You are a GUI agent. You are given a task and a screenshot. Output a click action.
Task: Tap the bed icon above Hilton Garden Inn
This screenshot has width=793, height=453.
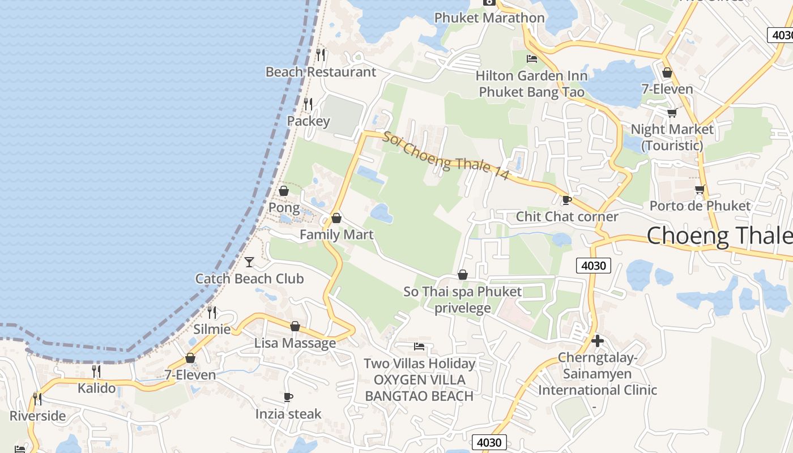tap(532, 58)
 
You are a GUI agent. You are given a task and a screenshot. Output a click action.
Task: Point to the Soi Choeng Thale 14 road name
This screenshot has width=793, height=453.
tap(446, 156)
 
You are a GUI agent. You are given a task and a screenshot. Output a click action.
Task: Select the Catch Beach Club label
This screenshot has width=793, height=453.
tap(249, 279)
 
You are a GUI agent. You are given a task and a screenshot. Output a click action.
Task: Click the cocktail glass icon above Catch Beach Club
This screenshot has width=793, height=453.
tap(249, 262)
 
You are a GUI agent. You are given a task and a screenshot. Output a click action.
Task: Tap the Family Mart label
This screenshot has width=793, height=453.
tap(336, 234)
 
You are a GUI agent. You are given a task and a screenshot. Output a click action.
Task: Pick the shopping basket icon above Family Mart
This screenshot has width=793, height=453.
tap(336, 218)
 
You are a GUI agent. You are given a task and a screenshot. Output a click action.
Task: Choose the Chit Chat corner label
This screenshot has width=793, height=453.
tap(567, 216)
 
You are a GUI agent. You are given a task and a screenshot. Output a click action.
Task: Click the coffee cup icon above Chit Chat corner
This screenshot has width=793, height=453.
tap(566, 200)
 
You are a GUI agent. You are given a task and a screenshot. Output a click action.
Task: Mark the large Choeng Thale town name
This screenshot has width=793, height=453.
tap(719, 235)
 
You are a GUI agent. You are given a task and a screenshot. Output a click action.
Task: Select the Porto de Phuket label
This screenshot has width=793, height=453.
tap(700, 206)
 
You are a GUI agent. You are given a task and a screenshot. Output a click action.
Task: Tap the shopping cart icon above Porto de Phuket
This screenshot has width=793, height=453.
tap(700, 189)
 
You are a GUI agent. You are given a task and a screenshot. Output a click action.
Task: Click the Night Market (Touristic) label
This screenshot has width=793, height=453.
tap(672, 137)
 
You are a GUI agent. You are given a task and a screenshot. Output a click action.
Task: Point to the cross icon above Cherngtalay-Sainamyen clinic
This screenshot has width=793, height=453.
tap(597, 341)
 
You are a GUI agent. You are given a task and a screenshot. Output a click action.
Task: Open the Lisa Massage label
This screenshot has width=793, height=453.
tap(295, 343)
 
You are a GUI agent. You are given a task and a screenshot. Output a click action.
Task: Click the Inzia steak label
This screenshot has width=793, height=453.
tap(288, 414)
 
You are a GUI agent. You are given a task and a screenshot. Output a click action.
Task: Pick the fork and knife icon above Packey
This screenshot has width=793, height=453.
tap(308, 104)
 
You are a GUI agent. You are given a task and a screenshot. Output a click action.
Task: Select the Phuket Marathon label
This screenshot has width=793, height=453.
tap(489, 18)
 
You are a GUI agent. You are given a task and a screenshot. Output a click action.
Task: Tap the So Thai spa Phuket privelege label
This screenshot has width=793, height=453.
tap(463, 300)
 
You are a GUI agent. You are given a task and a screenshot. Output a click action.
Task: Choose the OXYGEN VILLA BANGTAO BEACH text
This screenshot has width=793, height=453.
tap(419, 387)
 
